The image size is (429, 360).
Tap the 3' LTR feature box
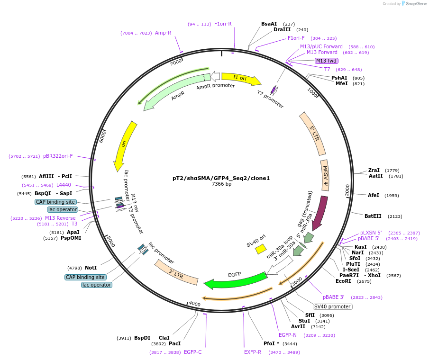(x=176, y=272)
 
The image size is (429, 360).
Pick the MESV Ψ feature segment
(x=325, y=175)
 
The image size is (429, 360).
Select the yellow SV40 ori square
(x=261, y=249)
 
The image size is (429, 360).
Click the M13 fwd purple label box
(x=326, y=61)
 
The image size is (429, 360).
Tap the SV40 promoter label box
(x=332, y=306)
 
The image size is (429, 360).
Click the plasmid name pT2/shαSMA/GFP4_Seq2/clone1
(x=221, y=178)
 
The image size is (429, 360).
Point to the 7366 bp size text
(x=221, y=184)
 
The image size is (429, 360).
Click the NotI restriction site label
(x=91, y=268)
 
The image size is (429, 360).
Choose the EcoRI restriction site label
(x=343, y=281)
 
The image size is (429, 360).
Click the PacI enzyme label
(x=174, y=343)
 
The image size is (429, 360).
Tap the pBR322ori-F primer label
(x=58, y=156)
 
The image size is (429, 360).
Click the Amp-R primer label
(x=163, y=33)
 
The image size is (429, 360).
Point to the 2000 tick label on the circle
(x=347, y=189)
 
